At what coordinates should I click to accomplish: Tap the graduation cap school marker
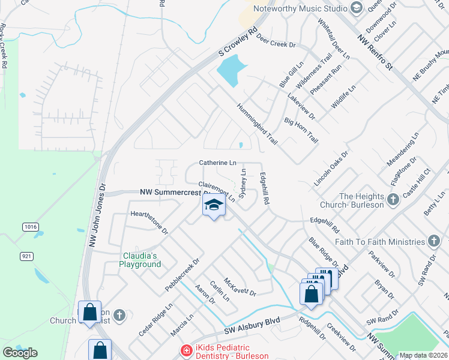tap(214, 205)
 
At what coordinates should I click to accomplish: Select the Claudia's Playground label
tap(140, 260)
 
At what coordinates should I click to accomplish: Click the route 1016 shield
tap(30, 226)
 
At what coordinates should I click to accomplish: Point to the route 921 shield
tap(26, 256)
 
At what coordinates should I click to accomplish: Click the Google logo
tap(20, 352)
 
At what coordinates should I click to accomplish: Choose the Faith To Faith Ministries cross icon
tap(434, 241)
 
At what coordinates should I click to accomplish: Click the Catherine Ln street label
tap(217, 163)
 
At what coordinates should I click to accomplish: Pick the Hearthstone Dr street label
tap(149, 222)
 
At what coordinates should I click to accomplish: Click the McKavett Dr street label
tap(240, 287)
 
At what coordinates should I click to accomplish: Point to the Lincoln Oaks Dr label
tap(331, 169)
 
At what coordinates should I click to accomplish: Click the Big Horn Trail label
tap(301, 129)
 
